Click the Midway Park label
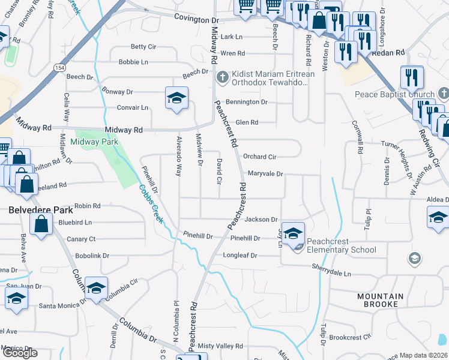[94, 142]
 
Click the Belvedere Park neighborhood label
[41, 211]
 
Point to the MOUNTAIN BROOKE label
[381, 300]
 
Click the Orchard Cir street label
[259, 157]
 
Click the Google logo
[20, 353]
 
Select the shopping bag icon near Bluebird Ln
[41, 225]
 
